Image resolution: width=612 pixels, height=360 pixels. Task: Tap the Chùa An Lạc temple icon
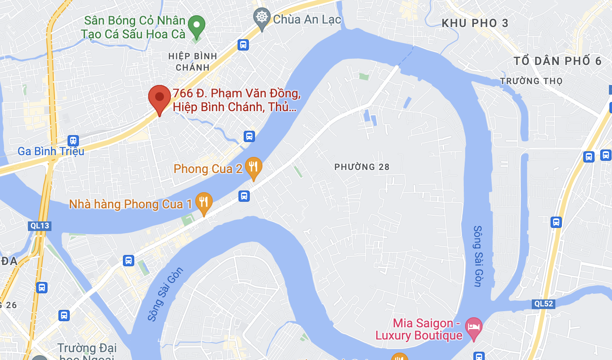point(262,17)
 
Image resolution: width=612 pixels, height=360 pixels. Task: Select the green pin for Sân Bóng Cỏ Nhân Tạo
point(197,25)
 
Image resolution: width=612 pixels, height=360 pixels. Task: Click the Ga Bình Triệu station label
point(51,152)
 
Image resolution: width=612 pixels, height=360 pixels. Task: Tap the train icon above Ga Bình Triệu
point(73,140)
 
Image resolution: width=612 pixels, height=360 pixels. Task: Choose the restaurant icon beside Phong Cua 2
point(253,167)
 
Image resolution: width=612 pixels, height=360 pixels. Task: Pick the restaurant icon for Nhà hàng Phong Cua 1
point(204,202)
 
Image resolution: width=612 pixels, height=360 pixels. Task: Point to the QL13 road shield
point(40,225)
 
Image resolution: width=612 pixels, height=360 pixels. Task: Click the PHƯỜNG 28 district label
point(362,167)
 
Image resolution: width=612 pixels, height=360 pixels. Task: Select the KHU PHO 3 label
point(475,23)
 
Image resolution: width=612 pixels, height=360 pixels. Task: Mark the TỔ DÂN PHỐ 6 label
point(558,61)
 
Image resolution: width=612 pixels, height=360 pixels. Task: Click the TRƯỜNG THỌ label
point(531,81)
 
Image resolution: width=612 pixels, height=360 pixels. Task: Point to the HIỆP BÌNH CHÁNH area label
point(192,62)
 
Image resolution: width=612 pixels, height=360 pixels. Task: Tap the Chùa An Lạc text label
point(307,19)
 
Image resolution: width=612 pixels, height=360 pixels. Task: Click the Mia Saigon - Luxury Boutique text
point(419,329)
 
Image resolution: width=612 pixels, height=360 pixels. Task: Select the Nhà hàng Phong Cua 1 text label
point(130,204)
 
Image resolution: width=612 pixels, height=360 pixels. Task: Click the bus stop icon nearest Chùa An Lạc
point(243,44)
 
